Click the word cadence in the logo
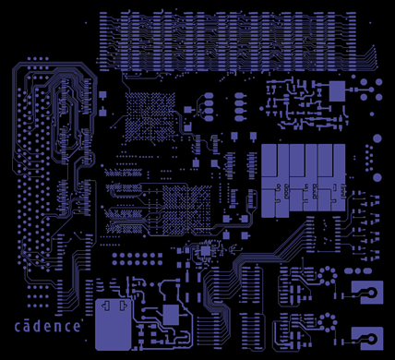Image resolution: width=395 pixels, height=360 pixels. pos(52,326)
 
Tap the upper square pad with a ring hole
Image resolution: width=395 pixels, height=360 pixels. pos(367,294)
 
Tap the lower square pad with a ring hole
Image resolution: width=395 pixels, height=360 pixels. pos(367,337)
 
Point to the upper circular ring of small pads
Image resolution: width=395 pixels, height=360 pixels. pos(326,277)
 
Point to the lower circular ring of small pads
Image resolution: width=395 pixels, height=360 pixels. pos(326,321)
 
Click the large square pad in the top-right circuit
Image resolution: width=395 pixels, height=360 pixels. pos(337,90)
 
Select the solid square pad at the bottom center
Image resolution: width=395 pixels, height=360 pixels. pos(171,314)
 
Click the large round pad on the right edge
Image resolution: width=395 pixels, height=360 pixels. pos(376,139)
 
